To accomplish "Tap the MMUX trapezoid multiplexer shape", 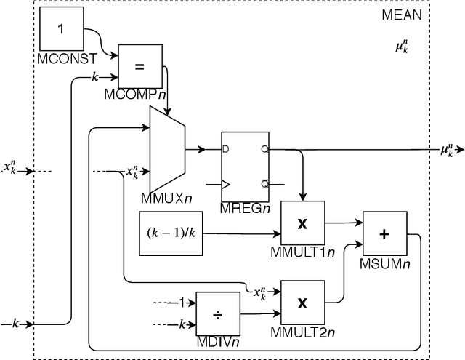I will (167, 148).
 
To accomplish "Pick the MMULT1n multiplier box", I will (302, 222).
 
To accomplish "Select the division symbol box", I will (218, 313).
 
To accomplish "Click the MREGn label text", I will (245, 209).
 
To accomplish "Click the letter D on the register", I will (226, 148).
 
